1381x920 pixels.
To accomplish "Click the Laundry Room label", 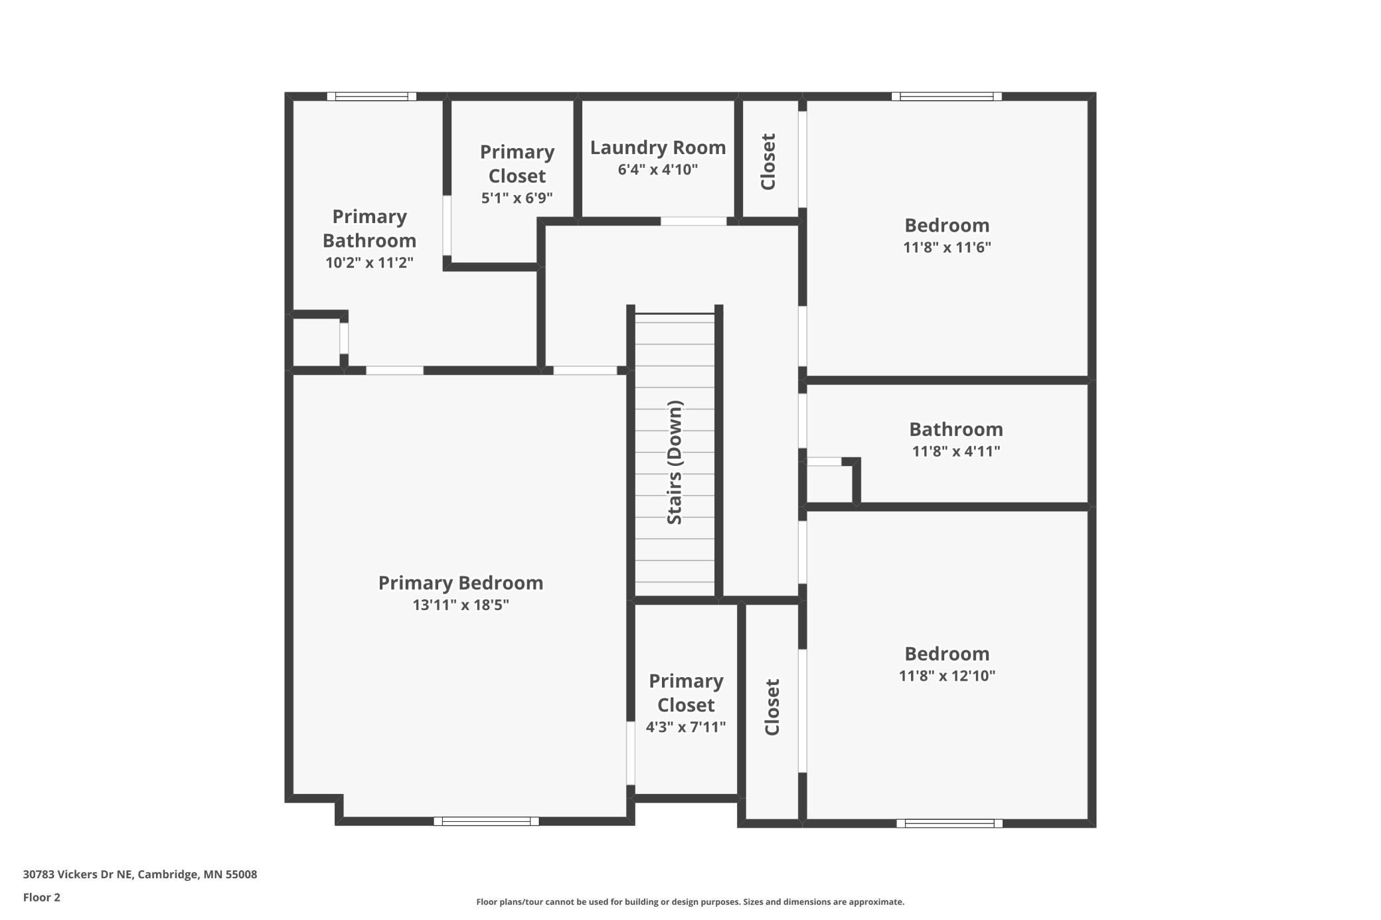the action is (x=658, y=147).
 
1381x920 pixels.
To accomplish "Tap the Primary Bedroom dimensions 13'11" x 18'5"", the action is (x=461, y=605).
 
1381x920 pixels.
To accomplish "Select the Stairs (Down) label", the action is (x=675, y=462).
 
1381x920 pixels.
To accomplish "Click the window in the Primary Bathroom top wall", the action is (x=372, y=96).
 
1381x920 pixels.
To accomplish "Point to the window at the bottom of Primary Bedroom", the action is (x=486, y=821).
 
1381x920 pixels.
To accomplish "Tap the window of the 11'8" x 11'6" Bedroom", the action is (x=946, y=96).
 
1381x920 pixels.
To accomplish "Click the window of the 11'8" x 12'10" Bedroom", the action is (x=949, y=823).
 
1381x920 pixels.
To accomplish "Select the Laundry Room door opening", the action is (x=693, y=221).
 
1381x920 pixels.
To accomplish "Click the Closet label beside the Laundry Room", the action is (x=768, y=162).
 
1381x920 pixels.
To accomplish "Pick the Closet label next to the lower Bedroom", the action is (x=772, y=707).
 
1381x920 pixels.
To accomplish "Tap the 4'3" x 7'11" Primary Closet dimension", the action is (x=686, y=727).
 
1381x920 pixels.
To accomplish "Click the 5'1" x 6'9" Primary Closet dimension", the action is (x=517, y=198).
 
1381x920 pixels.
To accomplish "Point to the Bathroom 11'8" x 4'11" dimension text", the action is (x=956, y=451).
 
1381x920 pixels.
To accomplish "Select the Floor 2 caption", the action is (x=42, y=897).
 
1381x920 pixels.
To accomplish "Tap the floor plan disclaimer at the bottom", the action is (x=690, y=901).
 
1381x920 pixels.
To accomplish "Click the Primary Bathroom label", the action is (x=369, y=228).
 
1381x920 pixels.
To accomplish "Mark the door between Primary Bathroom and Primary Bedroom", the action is (x=394, y=370).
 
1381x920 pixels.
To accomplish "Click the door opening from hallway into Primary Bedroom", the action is (x=585, y=370).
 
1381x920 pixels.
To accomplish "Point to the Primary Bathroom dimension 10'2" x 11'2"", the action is (x=369, y=263).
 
